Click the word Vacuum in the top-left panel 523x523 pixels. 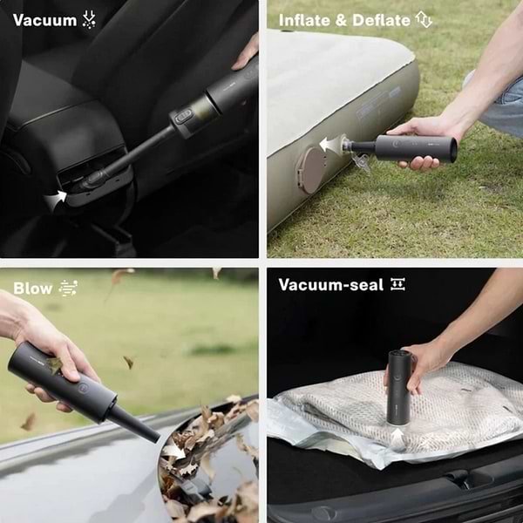pyautogui.click(x=44, y=19)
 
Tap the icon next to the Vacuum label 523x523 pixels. pyautogui.click(x=90, y=19)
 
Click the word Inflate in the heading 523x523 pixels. pyautogui.click(x=303, y=19)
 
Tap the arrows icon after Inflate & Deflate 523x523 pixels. pyautogui.click(x=425, y=19)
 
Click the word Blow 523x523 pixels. pyautogui.click(x=32, y=288)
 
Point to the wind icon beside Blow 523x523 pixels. pyautogui.click(x=68, y=288)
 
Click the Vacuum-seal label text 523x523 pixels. pyautogui.click(x=330, y=285)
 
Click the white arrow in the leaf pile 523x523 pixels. pyautogui.click(x=175, y=451)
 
